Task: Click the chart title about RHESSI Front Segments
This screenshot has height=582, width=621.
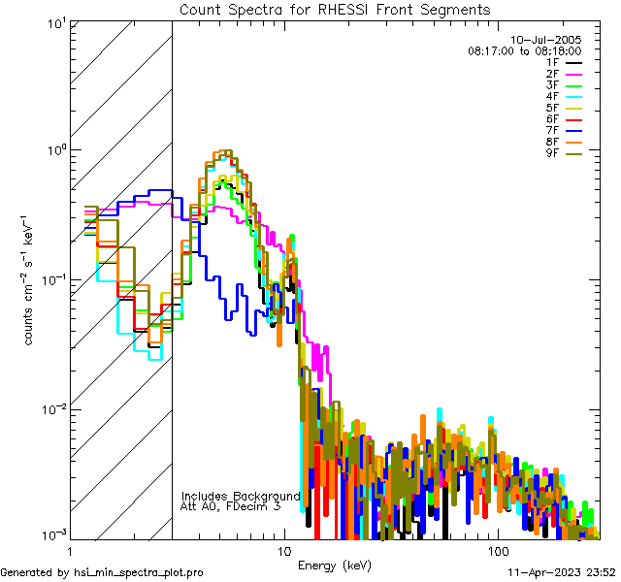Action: [x=335, y=9]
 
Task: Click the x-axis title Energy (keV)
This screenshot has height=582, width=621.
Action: [x=335, y=566]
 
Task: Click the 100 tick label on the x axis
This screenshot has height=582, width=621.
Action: [x=497, y=550]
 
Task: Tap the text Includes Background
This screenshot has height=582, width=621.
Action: [x=240, y=496]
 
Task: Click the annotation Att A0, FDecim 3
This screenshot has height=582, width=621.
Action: [x=231, y=506]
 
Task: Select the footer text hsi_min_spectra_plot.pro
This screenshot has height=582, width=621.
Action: [x=139, y=572]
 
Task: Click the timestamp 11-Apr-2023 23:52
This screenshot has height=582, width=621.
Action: [x=561, y=572]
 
